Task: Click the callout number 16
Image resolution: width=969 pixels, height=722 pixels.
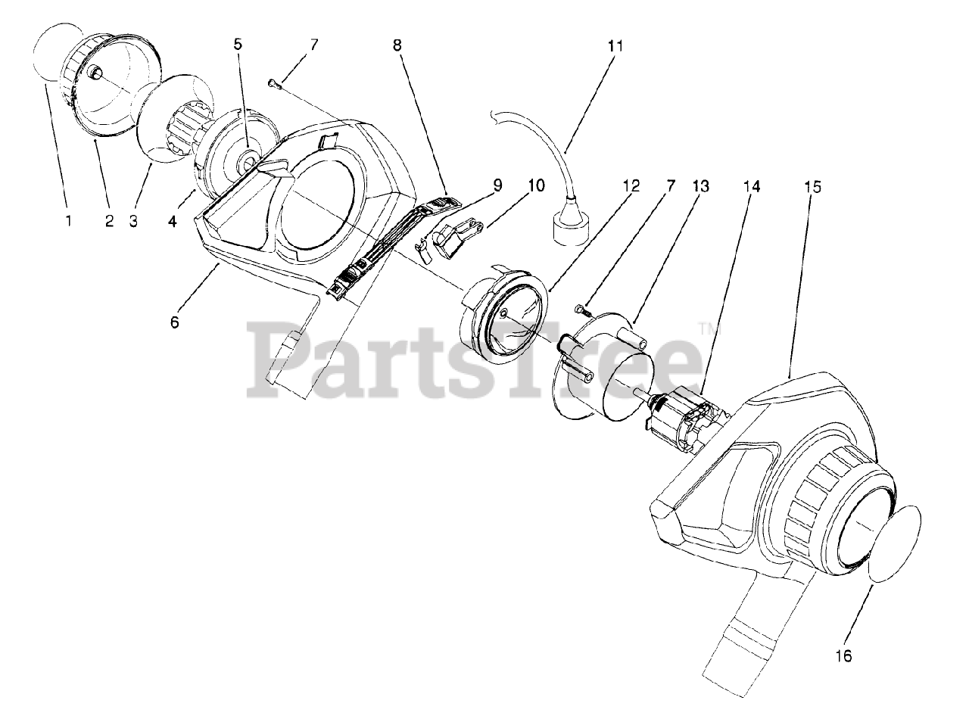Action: (x=843, y=656)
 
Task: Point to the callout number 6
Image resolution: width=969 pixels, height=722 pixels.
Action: (x=175, y=322)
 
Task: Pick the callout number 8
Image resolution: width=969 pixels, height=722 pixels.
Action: (x=397, y=45)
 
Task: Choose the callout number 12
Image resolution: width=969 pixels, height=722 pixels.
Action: (x=631, y=186)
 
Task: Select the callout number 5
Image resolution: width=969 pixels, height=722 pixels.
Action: (x=238, y=45)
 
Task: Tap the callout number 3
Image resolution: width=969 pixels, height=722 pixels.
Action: (x=133, y=221)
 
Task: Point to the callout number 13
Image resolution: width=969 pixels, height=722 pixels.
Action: (x=700, y=186)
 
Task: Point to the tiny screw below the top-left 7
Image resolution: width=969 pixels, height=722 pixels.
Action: (x=274, y=84)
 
